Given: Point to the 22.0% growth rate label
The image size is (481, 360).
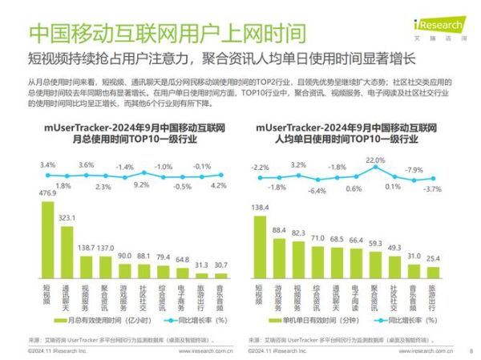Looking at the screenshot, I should tap(374, 160).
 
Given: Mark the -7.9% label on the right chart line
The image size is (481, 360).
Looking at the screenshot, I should tap(413, 170).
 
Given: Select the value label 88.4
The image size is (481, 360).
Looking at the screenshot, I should tap(279, 230).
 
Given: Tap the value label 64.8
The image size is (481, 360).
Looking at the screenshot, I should tap(183, 259).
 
